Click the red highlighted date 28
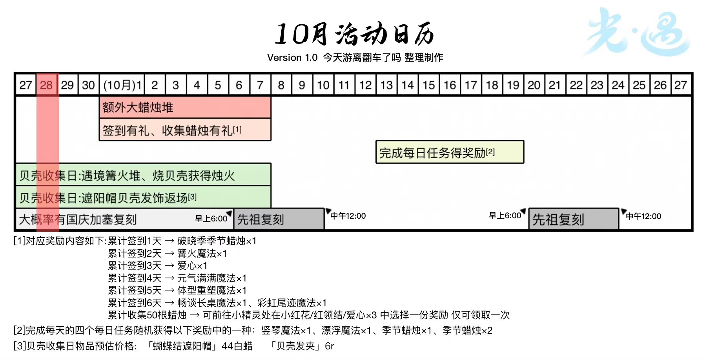tap(46, 85)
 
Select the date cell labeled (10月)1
tap(122, 85)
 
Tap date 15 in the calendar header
tap(428, 85)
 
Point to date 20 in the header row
tap(534, 85)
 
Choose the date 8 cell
tap(281, 85)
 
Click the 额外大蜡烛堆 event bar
tap(185, 107)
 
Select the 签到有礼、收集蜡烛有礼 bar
tap(185, 130)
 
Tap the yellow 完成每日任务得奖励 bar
tap(450, 152)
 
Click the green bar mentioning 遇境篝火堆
tap(143, 175)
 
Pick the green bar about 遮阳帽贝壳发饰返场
tap(143, 197)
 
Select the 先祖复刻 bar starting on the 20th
tap(573, 219)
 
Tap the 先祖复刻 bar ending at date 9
tap(279, 219)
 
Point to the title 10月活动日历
tap(354, 34)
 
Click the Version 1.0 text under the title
tap(292, 58)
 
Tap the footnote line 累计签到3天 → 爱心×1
tap(158, 266)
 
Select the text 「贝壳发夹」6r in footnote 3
tap(302, 346)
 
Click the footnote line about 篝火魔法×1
tap(168, 254)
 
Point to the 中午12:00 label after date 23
tap(643, 216)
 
